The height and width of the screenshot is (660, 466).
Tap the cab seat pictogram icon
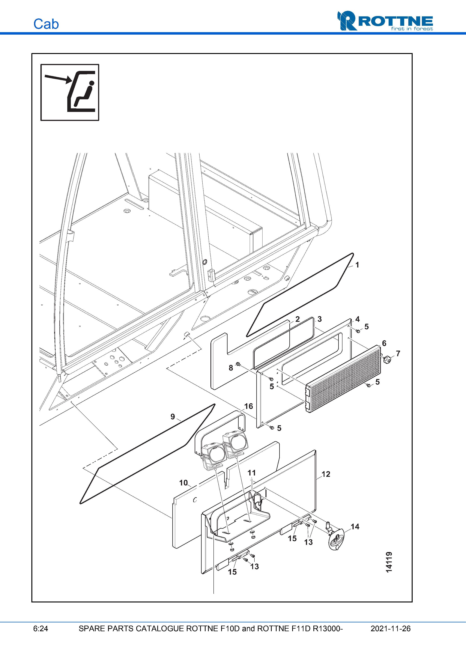(70, 92)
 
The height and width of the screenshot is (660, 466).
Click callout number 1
(357, 265)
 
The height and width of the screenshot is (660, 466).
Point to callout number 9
(172, 417)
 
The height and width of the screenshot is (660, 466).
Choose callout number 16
(248, 406)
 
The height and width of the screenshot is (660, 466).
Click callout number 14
(355, 527)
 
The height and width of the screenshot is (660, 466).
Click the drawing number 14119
(389, 562)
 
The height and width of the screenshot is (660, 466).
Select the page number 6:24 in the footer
(40, 629)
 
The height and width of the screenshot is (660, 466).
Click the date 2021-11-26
(390, 629)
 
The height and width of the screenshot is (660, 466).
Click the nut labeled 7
(387, 359)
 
